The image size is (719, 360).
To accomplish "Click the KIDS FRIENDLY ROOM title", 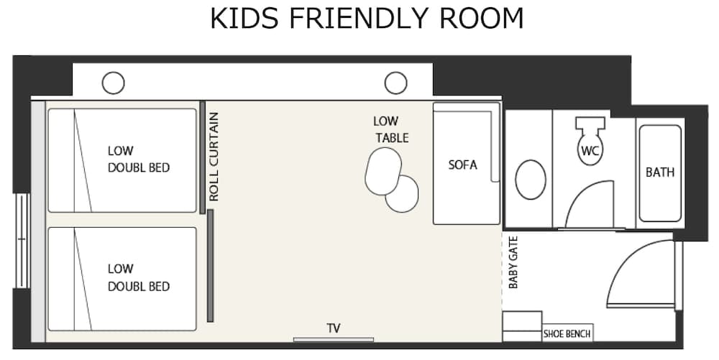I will coord(367,19).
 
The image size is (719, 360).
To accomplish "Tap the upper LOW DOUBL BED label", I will coord(139,159).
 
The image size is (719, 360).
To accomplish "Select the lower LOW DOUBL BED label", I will coord(139,277).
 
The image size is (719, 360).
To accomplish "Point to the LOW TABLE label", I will coord(391,129).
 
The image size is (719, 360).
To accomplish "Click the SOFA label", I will coord(462,165).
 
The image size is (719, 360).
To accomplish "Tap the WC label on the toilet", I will coord(590,152).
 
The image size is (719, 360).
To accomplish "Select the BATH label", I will coord(659,172).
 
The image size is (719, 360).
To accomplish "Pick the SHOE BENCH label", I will coord(567,333).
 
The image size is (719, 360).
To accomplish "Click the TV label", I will coord(334,328).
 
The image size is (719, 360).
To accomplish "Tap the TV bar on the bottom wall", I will coord(334,339).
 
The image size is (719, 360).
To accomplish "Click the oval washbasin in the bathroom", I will coord(531,180).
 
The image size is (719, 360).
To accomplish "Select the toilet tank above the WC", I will coord(590,123).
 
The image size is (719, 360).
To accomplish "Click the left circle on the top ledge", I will coord(113,83).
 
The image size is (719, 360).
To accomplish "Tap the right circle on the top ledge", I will coord(395,83).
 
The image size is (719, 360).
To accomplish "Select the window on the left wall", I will coord(22,240).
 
